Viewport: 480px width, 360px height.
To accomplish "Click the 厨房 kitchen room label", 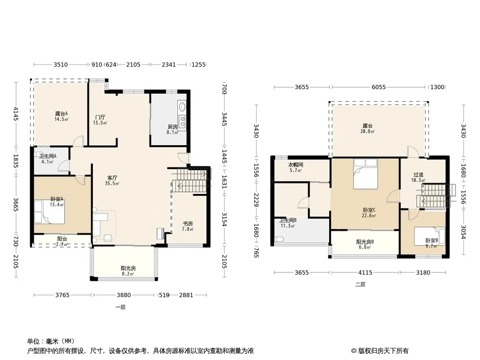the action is click(172, 126).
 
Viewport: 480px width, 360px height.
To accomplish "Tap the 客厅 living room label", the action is click(113, 178).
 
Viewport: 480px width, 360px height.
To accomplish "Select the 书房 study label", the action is click(188, 224).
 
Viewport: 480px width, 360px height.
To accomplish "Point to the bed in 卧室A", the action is click(49, 211).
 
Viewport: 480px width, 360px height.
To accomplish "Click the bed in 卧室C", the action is click(366, 174).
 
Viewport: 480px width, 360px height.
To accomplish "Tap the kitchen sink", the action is click(182, 107).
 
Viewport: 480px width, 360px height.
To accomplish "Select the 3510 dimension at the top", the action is click(61, 64).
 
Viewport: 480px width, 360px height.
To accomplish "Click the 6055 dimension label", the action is click(379, 87).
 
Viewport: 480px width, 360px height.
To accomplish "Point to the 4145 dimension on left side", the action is click(16, 113).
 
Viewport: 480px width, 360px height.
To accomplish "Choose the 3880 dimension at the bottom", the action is click(124, 295).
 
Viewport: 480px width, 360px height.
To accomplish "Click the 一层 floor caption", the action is click(120, 307).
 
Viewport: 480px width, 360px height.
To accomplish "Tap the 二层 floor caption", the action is click(360, 284).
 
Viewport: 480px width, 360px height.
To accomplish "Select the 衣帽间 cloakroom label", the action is click(296, 165).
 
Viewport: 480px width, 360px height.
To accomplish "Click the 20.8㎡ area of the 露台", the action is click(367, 131).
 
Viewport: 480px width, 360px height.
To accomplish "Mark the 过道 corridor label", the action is click(418, 175).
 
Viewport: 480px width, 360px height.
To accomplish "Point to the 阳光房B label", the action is click(365, 242).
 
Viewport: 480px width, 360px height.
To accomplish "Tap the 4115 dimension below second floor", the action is click(365, 273).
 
